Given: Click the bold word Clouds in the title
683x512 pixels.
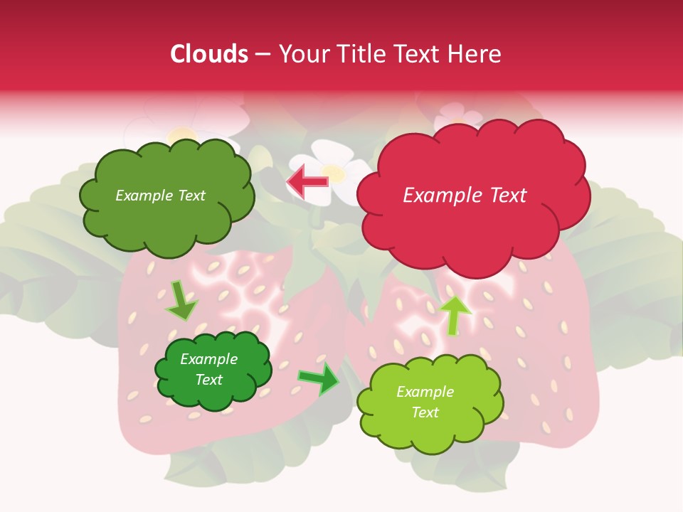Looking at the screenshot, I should [208, 54].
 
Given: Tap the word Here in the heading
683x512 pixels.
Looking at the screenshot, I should [476, 54].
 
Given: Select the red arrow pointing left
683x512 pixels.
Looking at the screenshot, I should [307, 182].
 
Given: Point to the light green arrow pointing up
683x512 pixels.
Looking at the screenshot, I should [455, 315].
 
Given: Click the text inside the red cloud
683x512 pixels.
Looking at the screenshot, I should [465, 196].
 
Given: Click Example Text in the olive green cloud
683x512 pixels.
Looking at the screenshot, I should [160, 196].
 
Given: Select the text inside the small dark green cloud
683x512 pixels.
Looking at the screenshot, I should [209, 369].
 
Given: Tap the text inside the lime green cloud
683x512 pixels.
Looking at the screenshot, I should [425, 402].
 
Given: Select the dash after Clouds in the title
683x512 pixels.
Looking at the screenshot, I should [262, 54].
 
